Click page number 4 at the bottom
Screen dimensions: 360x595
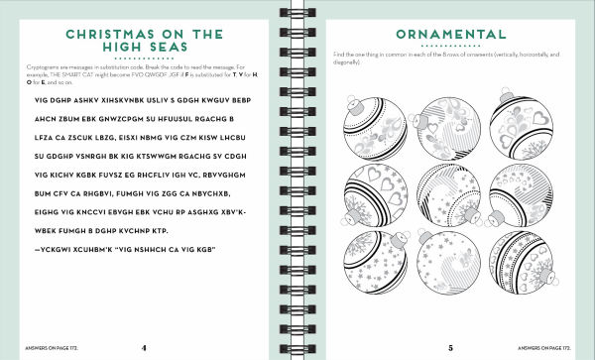click(x=144, y=347)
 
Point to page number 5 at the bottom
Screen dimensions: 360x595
click(x=449, y=347)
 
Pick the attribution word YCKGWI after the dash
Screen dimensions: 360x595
click(x=55, y=248)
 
